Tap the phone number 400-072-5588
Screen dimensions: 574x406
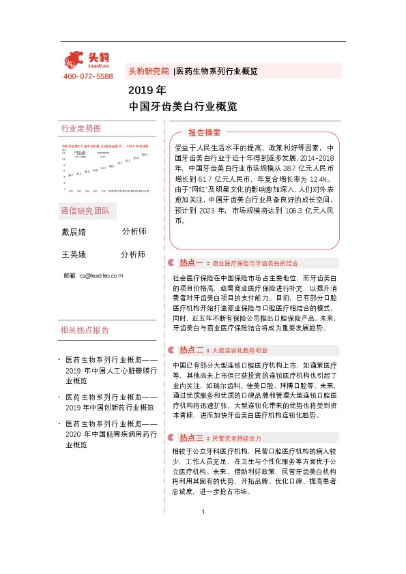click(x=88, y=76)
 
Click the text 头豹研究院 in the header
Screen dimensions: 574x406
click(x=148, y=71)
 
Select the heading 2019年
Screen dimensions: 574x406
click(x=147, y=90)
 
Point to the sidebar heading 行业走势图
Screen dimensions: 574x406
click(x=81, y=129)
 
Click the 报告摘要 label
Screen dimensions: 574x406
click(x=205, y=132)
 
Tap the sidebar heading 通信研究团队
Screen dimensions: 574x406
click(x=85, y=210)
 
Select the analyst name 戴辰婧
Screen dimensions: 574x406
click(x=74, y=232)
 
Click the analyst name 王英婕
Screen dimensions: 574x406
click(x=74, y=254)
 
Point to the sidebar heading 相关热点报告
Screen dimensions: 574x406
click(x=85, y=331)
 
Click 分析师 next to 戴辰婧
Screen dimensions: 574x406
click(x=134, y=232)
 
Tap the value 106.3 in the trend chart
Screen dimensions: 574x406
click(x=145, y=155)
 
